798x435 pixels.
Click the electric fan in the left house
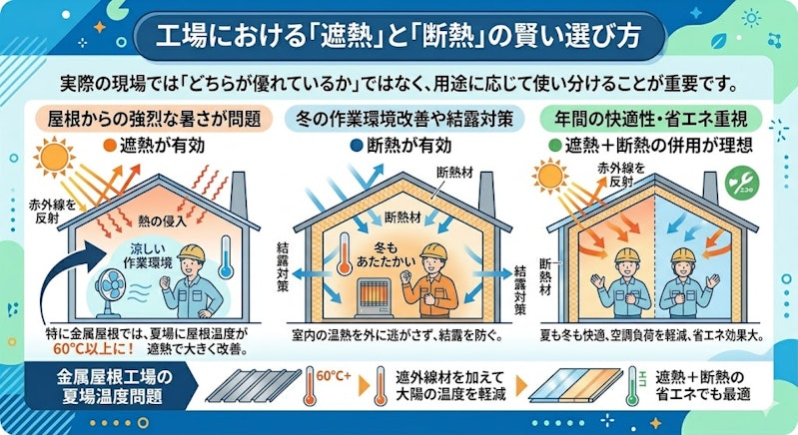[x=111, y=291]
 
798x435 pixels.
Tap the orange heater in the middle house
[x=374, y=297]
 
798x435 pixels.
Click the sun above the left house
[x=54, y=158]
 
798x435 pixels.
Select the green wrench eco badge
[x=742, y=184]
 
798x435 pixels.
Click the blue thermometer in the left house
[x=226, y=257]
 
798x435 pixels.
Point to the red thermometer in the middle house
[x=345, y=254]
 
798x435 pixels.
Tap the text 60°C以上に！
[x=94, y=349]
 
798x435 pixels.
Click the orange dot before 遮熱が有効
[x=110, y=146]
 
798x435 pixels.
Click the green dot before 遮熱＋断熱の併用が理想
[x=555, y=146]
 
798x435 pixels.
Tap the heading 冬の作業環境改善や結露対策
[x=403, y=119]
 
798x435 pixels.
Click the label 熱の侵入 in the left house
[x=162, y=220]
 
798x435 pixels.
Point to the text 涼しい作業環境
[x=148, y=256]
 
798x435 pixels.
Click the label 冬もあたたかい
[x=386, y=255]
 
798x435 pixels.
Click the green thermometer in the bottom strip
[x=632, y=386]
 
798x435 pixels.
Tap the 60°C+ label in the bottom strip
[x=334, y=376]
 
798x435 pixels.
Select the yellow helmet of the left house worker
[x=192, y=253]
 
